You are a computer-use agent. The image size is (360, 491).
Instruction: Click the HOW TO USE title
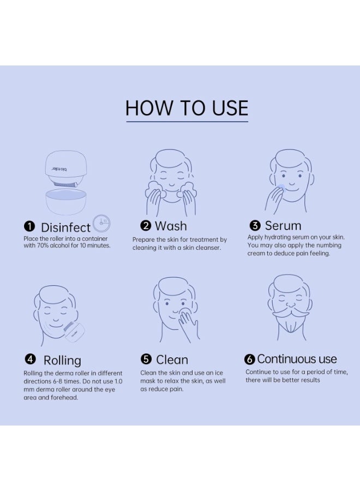coord(187,108)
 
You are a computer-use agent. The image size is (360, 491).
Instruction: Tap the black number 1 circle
coord(29,226)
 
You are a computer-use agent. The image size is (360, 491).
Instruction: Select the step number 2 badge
coord(146,225)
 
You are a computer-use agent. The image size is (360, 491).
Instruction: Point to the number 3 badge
coord(255,225)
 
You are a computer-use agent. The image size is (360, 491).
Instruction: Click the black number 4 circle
coord(30,359)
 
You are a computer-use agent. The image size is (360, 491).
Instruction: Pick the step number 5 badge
coord(146,359)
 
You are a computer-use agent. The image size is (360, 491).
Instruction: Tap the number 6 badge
coord(249,359)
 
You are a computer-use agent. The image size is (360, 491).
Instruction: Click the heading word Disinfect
coord(65,227)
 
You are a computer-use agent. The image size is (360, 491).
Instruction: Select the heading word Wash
coord(171,226)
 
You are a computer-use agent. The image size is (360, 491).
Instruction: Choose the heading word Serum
coord(283,225)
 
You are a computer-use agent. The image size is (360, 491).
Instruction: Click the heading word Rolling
coord(62,361)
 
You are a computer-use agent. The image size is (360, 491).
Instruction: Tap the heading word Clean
coord(172,360)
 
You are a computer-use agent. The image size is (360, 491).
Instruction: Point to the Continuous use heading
coord(297,359)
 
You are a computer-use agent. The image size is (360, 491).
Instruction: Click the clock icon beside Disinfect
coord(102,223)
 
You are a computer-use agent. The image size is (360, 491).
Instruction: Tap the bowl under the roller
coord(66,202)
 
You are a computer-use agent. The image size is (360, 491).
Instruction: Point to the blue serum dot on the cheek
coord(281,187)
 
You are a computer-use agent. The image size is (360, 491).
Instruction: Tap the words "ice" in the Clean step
coord(219,373)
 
